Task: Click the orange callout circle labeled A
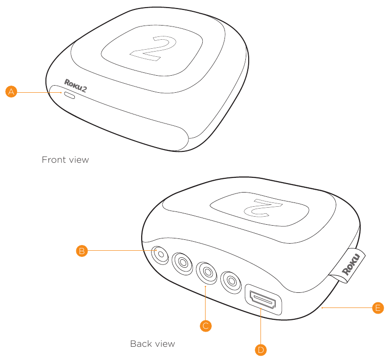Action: point(11,91)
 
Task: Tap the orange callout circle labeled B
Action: point(82,251)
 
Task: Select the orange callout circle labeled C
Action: point(206,326)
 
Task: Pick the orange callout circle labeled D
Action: point(260,350)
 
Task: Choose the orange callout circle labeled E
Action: point(378,308)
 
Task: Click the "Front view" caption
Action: point(65,160)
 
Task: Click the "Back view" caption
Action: point(153,344)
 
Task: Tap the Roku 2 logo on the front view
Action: point(75,86)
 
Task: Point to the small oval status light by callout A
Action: point(69,95)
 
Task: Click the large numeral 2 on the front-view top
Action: point(153,48)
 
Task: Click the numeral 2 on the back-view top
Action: point(263,208)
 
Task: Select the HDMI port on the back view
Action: point(263,299)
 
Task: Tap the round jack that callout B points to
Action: point(160,255)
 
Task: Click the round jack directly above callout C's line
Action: point(206,273)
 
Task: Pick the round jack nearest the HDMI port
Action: point(231,282)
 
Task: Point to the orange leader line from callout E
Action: point(347,307)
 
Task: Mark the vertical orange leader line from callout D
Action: point(260,325)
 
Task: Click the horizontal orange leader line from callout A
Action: point(39,92)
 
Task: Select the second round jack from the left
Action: point(182,263)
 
